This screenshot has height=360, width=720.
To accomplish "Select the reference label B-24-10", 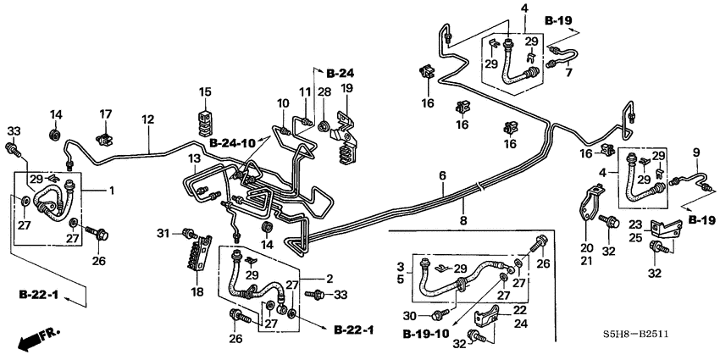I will click(x=231, y=142).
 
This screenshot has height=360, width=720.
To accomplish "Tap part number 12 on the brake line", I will click(x=148, y=120).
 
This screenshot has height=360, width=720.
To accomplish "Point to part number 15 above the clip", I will click(x=205, y=91).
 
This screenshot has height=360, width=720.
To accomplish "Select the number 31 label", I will click(x=163, y=232).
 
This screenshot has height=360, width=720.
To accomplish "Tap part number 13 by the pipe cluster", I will click(x=194, y=159).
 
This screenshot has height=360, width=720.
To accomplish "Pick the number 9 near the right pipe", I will click(x=696, y=153).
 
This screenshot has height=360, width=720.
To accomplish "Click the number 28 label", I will click(x=324, y=91).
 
